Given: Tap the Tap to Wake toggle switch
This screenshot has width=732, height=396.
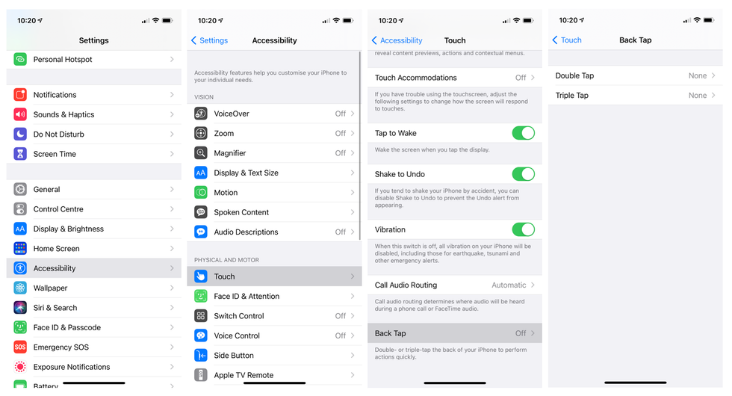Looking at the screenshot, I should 523,133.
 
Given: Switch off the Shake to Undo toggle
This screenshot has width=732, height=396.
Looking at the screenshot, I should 523,174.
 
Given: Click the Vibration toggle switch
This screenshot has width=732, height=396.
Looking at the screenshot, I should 523,229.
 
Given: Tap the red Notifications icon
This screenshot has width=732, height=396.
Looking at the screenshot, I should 20,95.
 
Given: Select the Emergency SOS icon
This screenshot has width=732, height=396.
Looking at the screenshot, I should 20,347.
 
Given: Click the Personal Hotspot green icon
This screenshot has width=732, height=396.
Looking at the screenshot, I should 20,59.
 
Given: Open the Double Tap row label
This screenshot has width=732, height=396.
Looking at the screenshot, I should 574,75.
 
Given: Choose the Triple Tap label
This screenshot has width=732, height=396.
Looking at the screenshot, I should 572,96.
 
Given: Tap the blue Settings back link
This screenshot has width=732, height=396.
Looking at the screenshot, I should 210,40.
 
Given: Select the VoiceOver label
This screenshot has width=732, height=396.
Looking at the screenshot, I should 232,114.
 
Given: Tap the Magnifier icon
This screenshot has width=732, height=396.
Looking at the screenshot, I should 201,153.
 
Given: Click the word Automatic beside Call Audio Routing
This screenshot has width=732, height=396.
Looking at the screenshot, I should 509,285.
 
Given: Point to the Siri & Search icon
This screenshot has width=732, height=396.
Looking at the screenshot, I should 20,308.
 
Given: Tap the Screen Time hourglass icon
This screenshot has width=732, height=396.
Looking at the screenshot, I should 20,154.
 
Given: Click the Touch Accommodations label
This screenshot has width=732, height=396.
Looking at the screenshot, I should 415,78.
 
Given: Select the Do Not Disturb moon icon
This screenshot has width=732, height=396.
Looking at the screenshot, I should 20,134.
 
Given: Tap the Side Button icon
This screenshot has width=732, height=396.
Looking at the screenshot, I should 201,356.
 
